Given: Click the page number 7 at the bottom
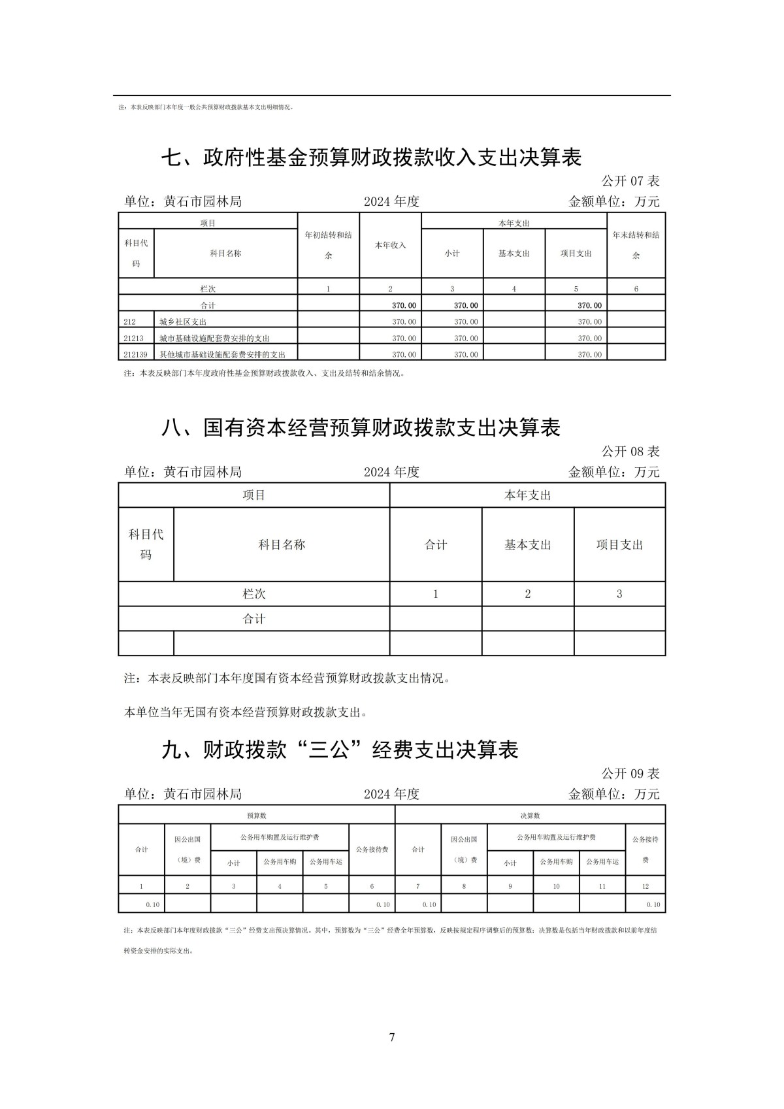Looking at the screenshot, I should coord(392,1037).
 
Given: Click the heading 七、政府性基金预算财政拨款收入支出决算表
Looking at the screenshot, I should coord(371,157).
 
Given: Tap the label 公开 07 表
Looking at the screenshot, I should coord(630,181).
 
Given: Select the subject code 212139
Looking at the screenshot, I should coord(136,354).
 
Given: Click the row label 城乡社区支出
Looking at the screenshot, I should coord(183,322).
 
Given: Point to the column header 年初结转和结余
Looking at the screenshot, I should coord(329,245).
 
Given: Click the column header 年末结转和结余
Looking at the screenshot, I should coord(636,245).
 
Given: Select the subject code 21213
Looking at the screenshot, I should coord(133,338).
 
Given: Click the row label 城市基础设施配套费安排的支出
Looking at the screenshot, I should coord(214,338).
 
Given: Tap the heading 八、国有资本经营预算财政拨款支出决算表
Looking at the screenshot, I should coord(361,428).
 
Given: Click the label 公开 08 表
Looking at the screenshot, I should coord(630,452).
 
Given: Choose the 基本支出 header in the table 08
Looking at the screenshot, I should coord(528,544).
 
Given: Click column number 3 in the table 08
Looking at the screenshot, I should coord(619,594).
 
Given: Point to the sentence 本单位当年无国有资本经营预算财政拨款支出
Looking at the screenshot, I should coord(246,712).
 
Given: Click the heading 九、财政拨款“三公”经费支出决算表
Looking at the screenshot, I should coord(340,750).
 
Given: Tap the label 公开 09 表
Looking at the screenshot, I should coord(630,774).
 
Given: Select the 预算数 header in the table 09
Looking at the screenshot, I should coord(257,816).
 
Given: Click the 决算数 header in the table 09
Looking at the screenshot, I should coord(530,816).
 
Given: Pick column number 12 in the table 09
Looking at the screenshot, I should coord(645,886).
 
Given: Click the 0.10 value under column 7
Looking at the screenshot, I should coord(429,904).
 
